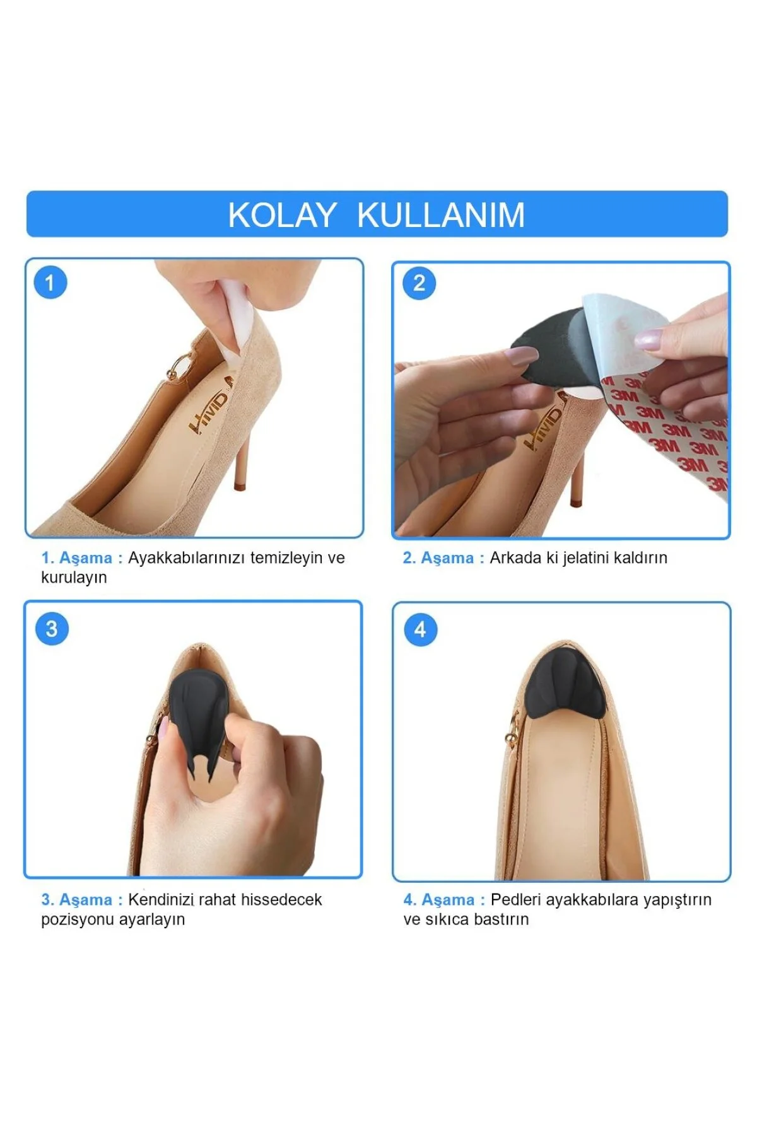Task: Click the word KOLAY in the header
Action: pos(281,215)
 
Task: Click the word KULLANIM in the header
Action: pos(441,215)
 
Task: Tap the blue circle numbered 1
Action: pos(50,282)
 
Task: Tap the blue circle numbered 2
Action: pos(419,283)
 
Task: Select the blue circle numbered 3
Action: pos(52,629)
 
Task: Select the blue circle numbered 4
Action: pos(420,629)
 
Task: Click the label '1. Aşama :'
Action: pos(82,558)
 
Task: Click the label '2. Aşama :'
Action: pos(443,558)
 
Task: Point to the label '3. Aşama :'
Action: pos(82,900)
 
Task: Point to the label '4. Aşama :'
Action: pos(444,900)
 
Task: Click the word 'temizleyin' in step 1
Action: pos(286,558)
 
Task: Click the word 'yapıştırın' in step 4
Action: pos(677,900)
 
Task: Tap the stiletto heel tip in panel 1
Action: pos(239,486)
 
